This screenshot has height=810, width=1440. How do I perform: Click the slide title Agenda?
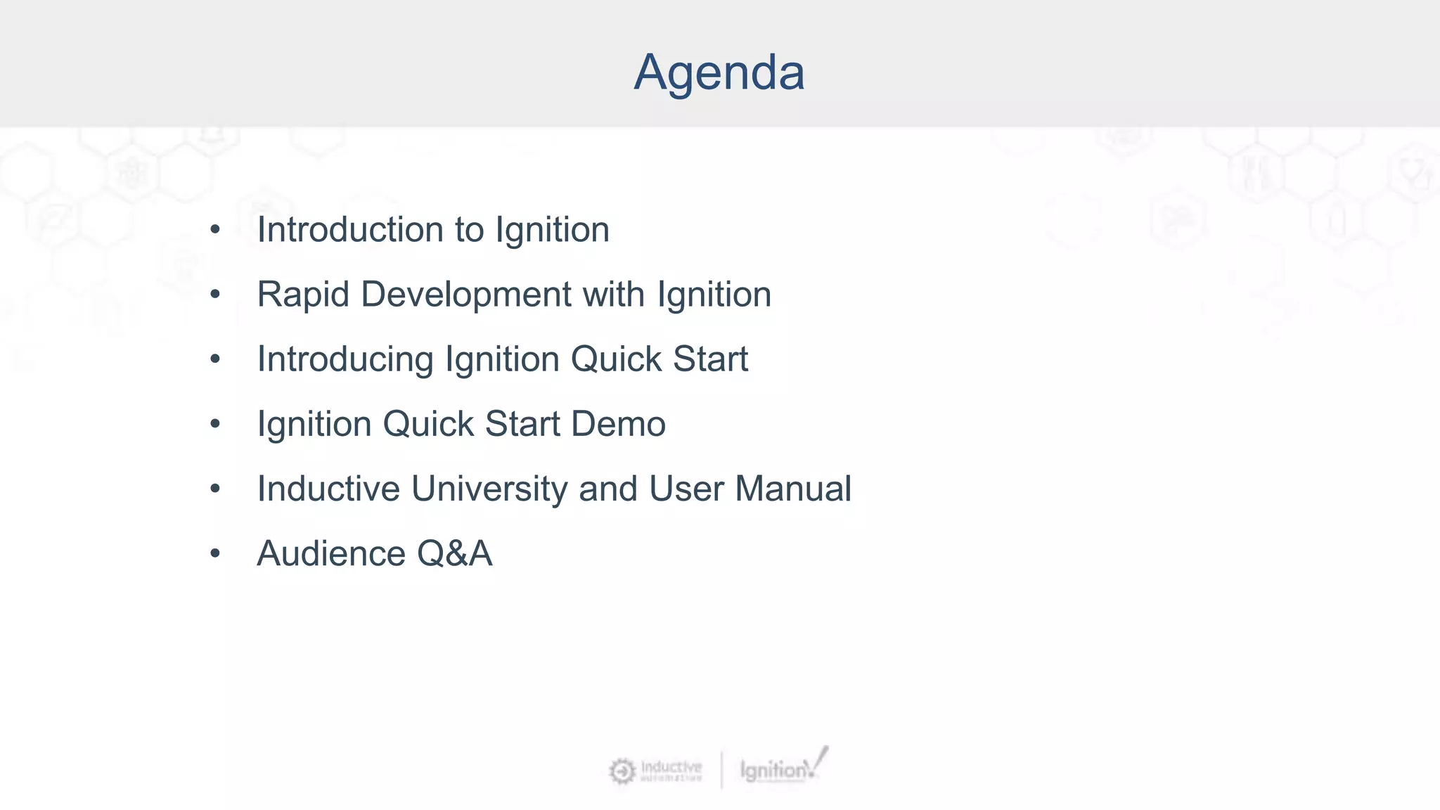[719, 72]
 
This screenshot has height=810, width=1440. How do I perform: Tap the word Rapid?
[303, 295]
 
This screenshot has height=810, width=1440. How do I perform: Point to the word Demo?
[618, 424]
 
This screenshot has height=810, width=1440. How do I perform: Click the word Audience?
[330, 553]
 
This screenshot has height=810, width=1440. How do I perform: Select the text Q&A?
[454, 553]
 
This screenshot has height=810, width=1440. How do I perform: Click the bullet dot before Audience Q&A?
[215, 553]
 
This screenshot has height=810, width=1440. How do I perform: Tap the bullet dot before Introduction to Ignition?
[215, 230]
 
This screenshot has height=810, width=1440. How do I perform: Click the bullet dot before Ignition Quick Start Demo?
[215, 424]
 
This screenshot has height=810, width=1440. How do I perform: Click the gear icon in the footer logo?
[622, 771]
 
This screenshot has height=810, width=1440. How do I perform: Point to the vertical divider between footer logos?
[721, 770]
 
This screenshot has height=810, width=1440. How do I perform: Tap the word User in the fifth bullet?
[686, 489]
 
